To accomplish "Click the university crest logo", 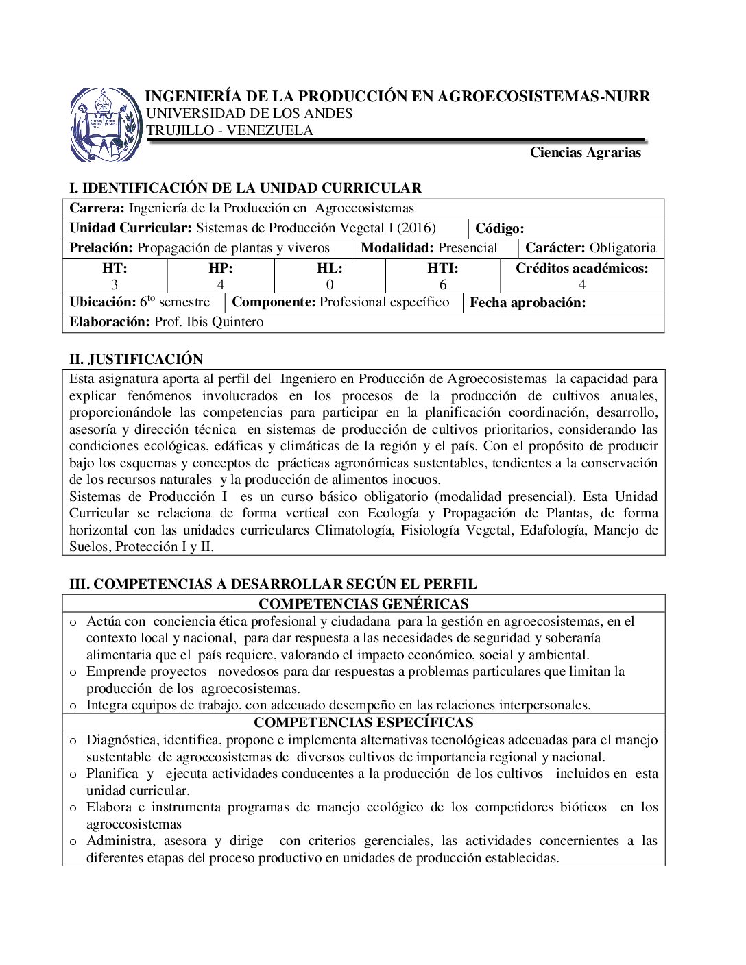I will pyautogui.click(x=106, y=125).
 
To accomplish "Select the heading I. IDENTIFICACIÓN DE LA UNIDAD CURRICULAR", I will pyautogui.click(x=245, y=188).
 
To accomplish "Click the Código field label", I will pyautogui.click(x=500, y=229).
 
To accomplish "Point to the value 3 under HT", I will pyautogui.click(x=115, y=284).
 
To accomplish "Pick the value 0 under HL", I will pyautogui.click(x=330, y=284).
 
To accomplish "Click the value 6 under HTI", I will pyautogui.click(x=443, y=284).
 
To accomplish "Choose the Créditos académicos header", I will pyautogui.click(x=581, y=269).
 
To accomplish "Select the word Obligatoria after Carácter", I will pyautogui.click(x=623, y=248).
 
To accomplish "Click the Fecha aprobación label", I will pyautogui.click(x=527, y=303).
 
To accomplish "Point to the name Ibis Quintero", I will pyautogui.click(x=225, y=322).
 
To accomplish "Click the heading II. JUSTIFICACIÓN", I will pyautogui.click(x=136, y=359).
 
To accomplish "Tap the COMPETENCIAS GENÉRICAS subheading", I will pyautogui.click(x=363, y=604).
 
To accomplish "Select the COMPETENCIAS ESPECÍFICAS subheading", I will pyautogui.click(x=363, y=722).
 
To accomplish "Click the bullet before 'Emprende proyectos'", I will pyautogui.click(x=73, y=672).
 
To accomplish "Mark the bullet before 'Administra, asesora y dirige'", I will pyautogui.click(x=73, y=842).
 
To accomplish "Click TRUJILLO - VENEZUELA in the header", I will pyautogui.click(x=230, y=131).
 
